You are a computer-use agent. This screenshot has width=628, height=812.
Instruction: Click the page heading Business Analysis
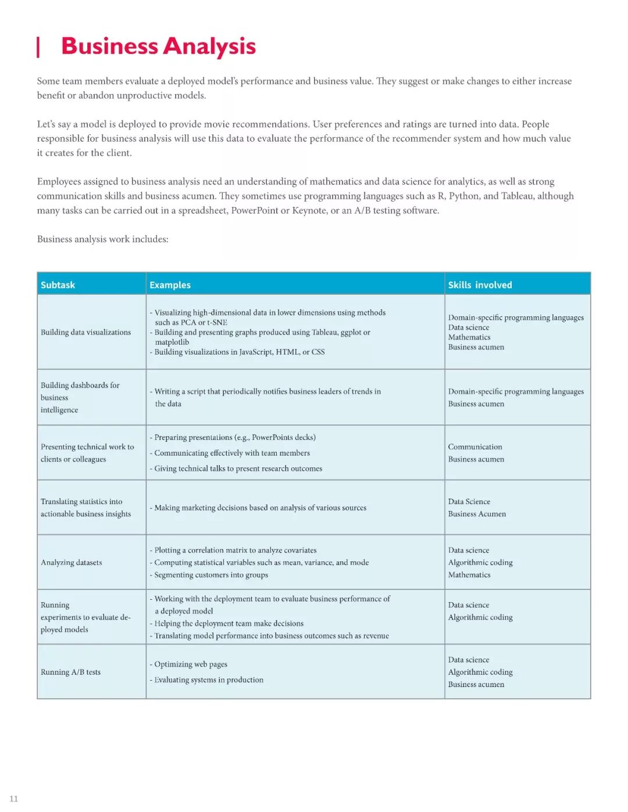(x=158, y=46)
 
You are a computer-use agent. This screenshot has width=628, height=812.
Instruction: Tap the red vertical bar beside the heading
(x=38, y=47)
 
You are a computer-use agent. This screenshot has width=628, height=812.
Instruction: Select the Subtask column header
(x=58, y=285)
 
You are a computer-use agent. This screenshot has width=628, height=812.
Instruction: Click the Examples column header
(x=170, y=285)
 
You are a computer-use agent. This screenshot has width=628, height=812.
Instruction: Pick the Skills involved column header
(x=480, y=285)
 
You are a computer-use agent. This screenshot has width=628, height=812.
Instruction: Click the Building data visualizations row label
(x=85, y=332)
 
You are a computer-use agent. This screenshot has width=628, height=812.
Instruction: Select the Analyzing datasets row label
(x=71, y=563)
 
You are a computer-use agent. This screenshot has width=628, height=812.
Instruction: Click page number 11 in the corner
(x=13, y=799)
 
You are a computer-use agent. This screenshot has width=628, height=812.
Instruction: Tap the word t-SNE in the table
(x=217, y=323)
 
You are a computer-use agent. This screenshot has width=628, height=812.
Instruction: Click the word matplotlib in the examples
(x=172, y=342)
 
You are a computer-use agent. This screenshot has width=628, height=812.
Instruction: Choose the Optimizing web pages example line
(x=190, y=664)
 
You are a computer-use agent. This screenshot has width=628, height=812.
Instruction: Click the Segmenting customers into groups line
(x=210, y=575)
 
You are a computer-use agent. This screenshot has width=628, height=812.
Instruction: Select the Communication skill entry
(x=474, y=447)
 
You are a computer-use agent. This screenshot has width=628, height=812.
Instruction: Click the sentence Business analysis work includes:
(x=102, y=239)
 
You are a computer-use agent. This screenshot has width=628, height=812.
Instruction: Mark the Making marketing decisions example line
(x=260, y=508)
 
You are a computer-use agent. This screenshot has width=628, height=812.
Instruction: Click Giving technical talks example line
(x=238, y=468)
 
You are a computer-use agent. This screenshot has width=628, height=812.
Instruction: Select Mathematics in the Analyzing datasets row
(x=469, y=575)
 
